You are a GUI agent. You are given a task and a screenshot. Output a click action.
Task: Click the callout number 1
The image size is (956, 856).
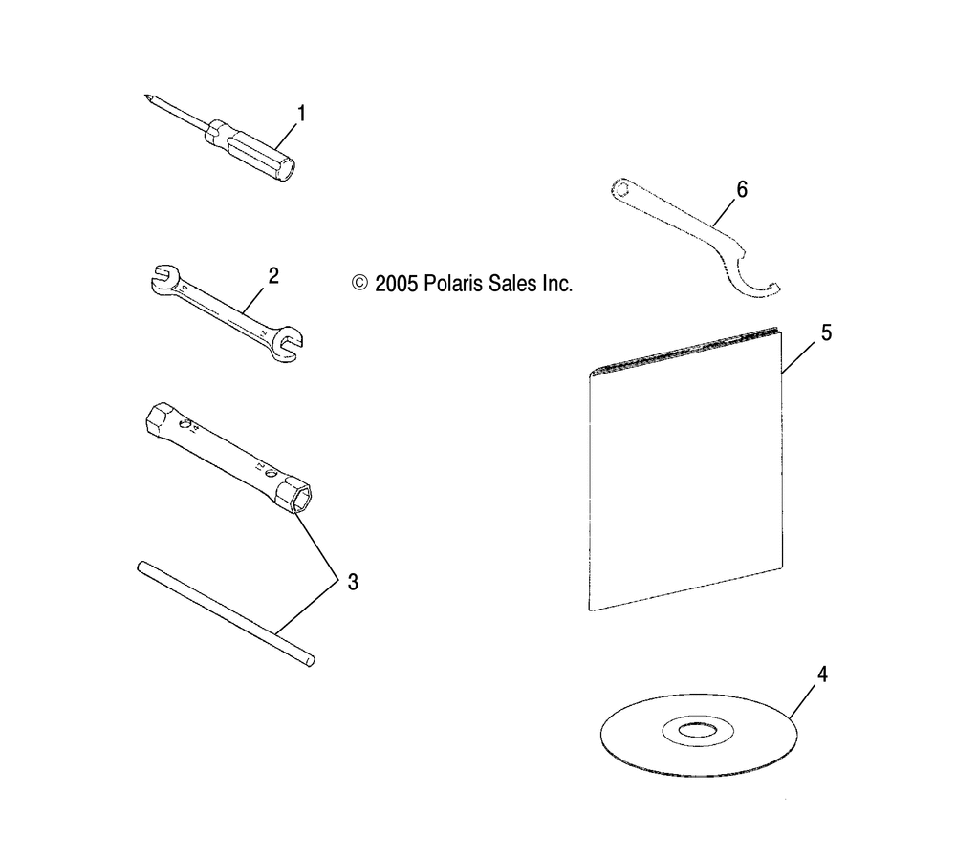click(x=300, y=114)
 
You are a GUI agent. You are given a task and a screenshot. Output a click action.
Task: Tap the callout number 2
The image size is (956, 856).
click(x=273, y=276)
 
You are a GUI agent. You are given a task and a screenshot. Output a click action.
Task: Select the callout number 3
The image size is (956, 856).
click(x=353, y=583)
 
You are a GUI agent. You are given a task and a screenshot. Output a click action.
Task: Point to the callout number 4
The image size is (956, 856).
click(x=822, y=674)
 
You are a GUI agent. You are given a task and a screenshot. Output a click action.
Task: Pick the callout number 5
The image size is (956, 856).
click(x=826, y=332)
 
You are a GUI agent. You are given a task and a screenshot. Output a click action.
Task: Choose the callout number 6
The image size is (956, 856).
click(x=742, y=189)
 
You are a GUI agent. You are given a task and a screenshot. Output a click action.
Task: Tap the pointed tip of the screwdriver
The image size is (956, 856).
click(x=146, y=96)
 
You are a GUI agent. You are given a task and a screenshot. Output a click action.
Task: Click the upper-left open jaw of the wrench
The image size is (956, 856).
click(x=163, y=277)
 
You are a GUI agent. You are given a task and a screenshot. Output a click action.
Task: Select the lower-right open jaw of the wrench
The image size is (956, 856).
click(x=287, y=345)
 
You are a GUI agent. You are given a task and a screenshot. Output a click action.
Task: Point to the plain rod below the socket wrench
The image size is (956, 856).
click(x=227, y=614)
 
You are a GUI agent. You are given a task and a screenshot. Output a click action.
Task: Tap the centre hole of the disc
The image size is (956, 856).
click(x=698, y=729)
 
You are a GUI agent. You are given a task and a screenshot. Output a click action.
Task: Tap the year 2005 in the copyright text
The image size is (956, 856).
click(x=395, y=284)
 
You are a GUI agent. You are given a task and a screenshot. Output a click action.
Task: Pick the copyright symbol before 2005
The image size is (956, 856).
click(x=359, y=284)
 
